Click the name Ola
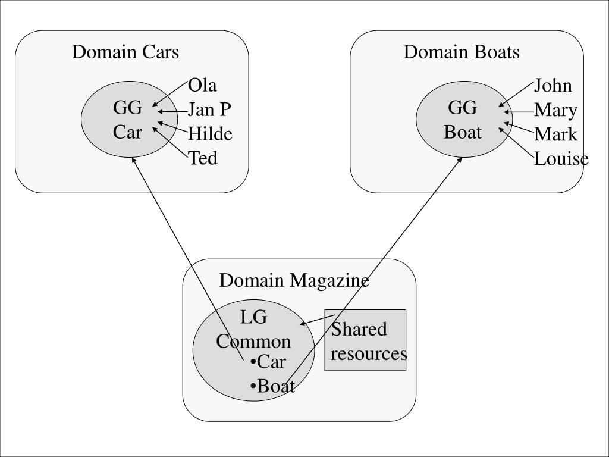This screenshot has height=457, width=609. click(x=202, y=86)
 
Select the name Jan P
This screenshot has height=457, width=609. click(x=209, y=110)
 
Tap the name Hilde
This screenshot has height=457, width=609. click(x=210, y=134)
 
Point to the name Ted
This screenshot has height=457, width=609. click(x=203, y=159)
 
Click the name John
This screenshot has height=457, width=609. click(x=553, y=86)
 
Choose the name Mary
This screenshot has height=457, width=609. click(x=555, y=110)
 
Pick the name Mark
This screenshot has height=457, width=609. click(x=555, y=134)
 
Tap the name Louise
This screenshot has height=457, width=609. click(x=561, y=159)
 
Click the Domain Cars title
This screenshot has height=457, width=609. click(x=125, y=52)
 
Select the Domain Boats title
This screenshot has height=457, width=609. click(x=462, y=52)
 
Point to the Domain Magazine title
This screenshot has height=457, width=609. click(x=294, y=280)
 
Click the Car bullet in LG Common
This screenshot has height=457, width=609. click(x=269, y=362)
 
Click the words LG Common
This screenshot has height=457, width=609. click(x=253, y=330)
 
